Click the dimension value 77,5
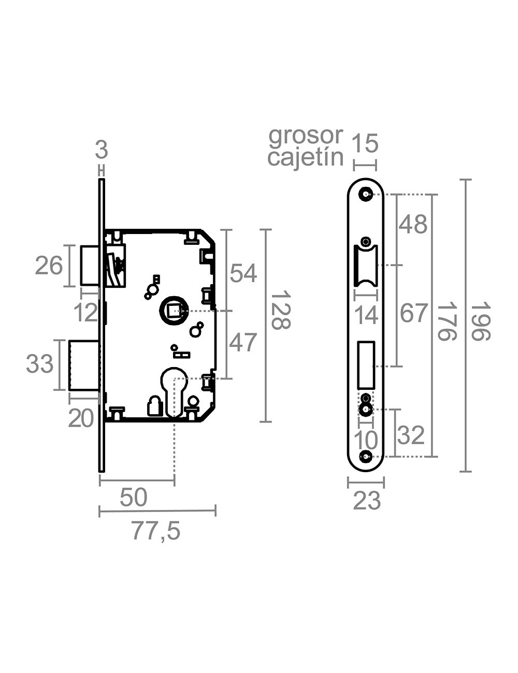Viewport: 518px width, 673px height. point(155,531)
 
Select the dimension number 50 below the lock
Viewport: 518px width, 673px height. point(134,498)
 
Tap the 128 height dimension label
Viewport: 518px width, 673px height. point(280,310)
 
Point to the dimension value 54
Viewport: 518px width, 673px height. point(243,273)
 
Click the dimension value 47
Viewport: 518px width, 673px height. point(243,343)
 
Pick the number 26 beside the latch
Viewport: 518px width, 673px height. point(49,266)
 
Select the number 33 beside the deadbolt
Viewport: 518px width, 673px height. point(40,364)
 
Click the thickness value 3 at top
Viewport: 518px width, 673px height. point(102,150)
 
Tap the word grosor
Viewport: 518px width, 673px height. point(306,136)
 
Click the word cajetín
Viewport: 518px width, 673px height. point(306,157)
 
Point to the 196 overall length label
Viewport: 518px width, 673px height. point(480,321)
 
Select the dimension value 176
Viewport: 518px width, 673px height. point(447,321)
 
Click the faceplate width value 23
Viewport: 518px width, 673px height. point(366,501)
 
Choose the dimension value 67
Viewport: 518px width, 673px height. point(414,314)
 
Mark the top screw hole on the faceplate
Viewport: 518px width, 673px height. point(366,194)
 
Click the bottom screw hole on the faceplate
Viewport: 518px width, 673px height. point(366,457)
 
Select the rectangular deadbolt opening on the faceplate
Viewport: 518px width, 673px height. point(366,364)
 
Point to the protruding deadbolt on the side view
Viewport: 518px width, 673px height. point(84,365)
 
